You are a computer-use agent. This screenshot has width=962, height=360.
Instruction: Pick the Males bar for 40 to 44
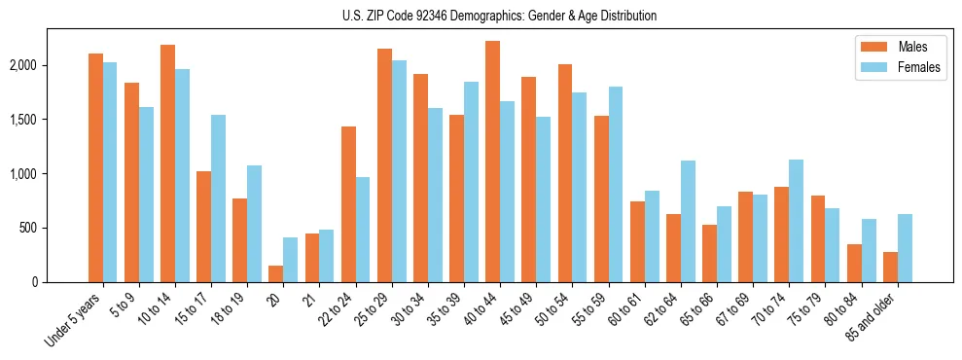pyautogui.click(x=492, y=162)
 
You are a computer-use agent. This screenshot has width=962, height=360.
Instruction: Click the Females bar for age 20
pyautogui.click(x=290, y=260)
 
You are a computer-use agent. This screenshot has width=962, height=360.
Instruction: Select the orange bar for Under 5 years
pyautogui.click(x=95, y=167)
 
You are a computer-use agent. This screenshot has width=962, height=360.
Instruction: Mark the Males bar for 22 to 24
pyautogui.click(x=348, y=204)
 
